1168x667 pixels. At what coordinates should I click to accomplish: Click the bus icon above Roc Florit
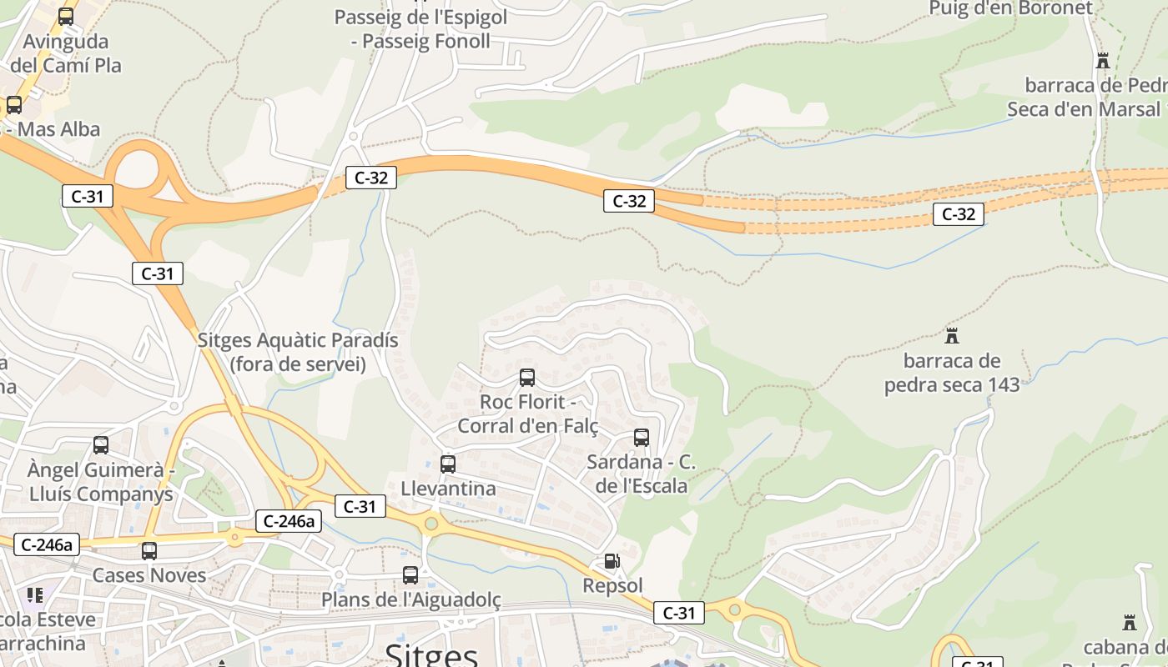point(526,378)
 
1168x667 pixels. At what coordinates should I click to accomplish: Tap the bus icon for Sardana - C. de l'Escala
point(641,438)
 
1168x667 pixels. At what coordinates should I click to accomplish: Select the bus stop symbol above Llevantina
point(448,464)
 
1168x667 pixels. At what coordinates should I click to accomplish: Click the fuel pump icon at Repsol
point(612,562)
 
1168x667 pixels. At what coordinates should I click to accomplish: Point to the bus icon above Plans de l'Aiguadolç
point(410,575)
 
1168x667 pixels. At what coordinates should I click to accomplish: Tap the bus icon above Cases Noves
point(149,551)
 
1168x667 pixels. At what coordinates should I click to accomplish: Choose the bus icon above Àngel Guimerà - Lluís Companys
point(101,445)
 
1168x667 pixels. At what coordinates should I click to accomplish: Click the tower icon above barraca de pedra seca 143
point(951,336)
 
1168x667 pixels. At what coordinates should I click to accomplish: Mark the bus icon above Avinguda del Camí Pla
point(66,17)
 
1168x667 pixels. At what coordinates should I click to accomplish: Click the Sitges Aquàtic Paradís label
point(298,352)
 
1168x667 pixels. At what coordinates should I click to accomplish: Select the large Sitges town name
point(431,654)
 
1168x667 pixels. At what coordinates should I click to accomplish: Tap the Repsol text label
point(612,585)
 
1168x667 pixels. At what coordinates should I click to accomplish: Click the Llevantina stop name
point(448,488)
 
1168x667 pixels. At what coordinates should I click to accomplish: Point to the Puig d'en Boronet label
point(1010,8)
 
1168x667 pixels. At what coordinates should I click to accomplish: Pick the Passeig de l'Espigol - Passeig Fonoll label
point(420,29)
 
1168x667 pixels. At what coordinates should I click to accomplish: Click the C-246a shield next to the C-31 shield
point(289,521)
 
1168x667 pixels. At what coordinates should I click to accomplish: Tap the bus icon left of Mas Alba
point(14,105)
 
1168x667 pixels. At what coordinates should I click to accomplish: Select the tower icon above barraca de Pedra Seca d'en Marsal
point(1103,61)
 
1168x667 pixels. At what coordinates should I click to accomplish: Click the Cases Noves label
point(149,575)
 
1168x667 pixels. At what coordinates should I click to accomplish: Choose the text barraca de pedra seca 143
point(952,373)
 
